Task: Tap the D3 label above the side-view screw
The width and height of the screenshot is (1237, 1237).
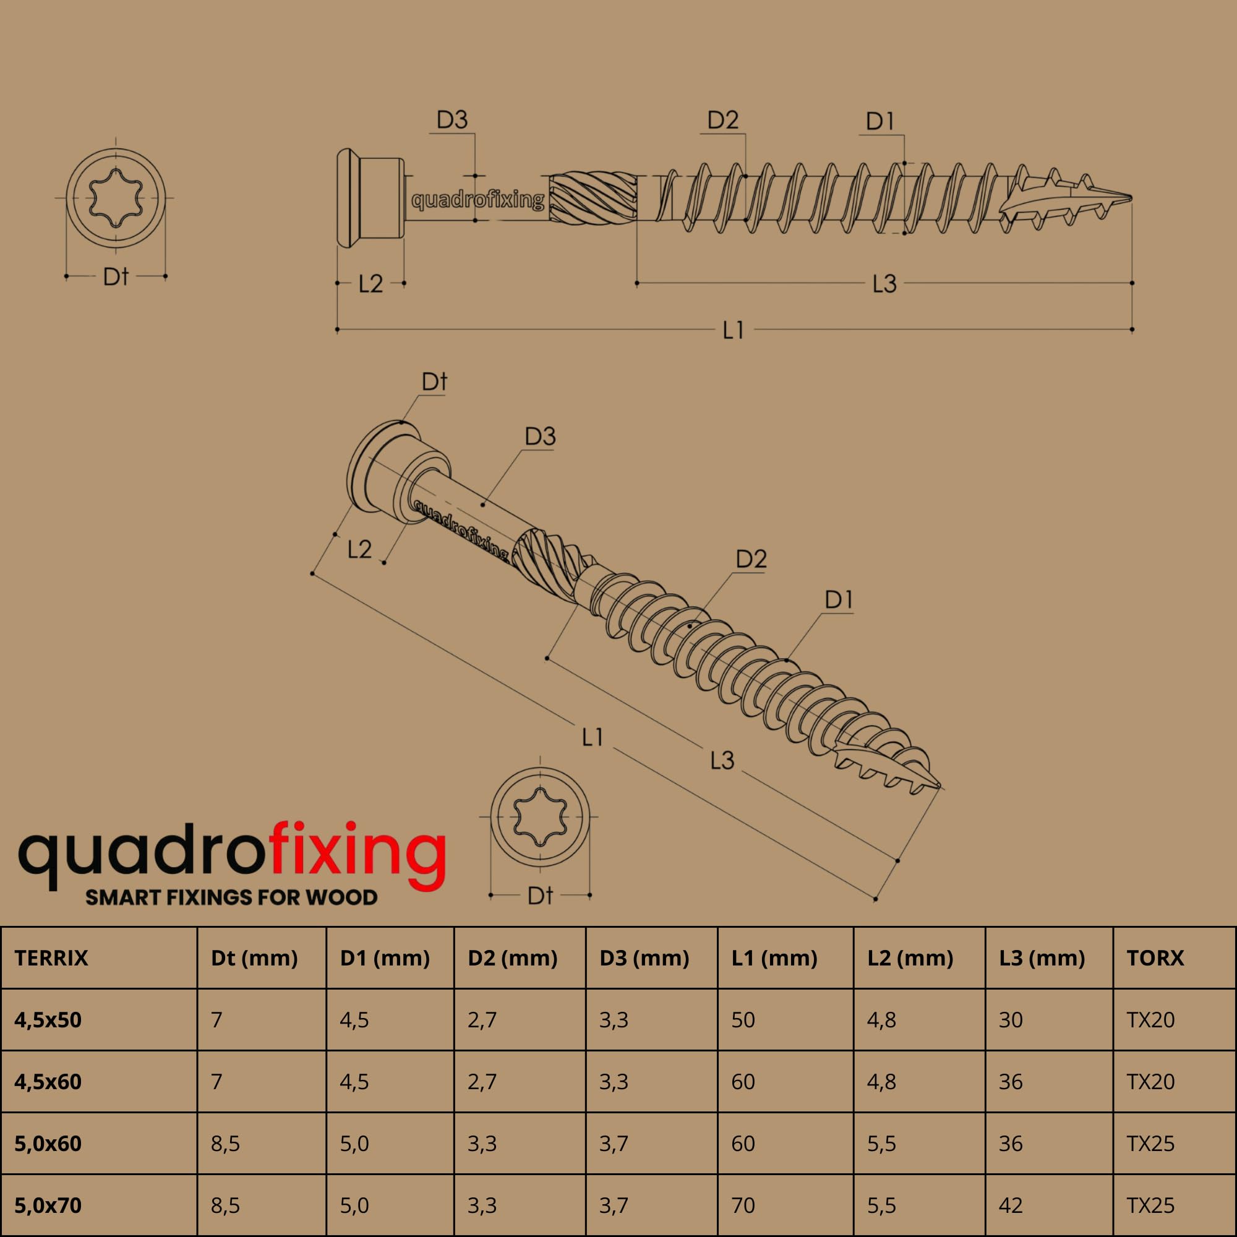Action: click(x=452, y=120)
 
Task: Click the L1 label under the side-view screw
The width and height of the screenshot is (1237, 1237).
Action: click(x=733, y=330)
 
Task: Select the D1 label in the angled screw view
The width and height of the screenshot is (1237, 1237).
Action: click(x=839, y=600)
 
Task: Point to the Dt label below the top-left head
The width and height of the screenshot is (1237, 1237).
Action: click(x=116, y=276)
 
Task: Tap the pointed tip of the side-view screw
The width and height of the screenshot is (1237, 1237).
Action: click(x=1131, y=198)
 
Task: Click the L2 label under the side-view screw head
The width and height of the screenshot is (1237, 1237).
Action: click(x=370, y=284)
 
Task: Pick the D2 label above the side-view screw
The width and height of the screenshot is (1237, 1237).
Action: click(x=723, y=120)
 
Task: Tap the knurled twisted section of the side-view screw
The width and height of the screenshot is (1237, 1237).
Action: click(x=594, y=197)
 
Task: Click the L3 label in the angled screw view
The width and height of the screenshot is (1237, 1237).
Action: click(x=722, y=760)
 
